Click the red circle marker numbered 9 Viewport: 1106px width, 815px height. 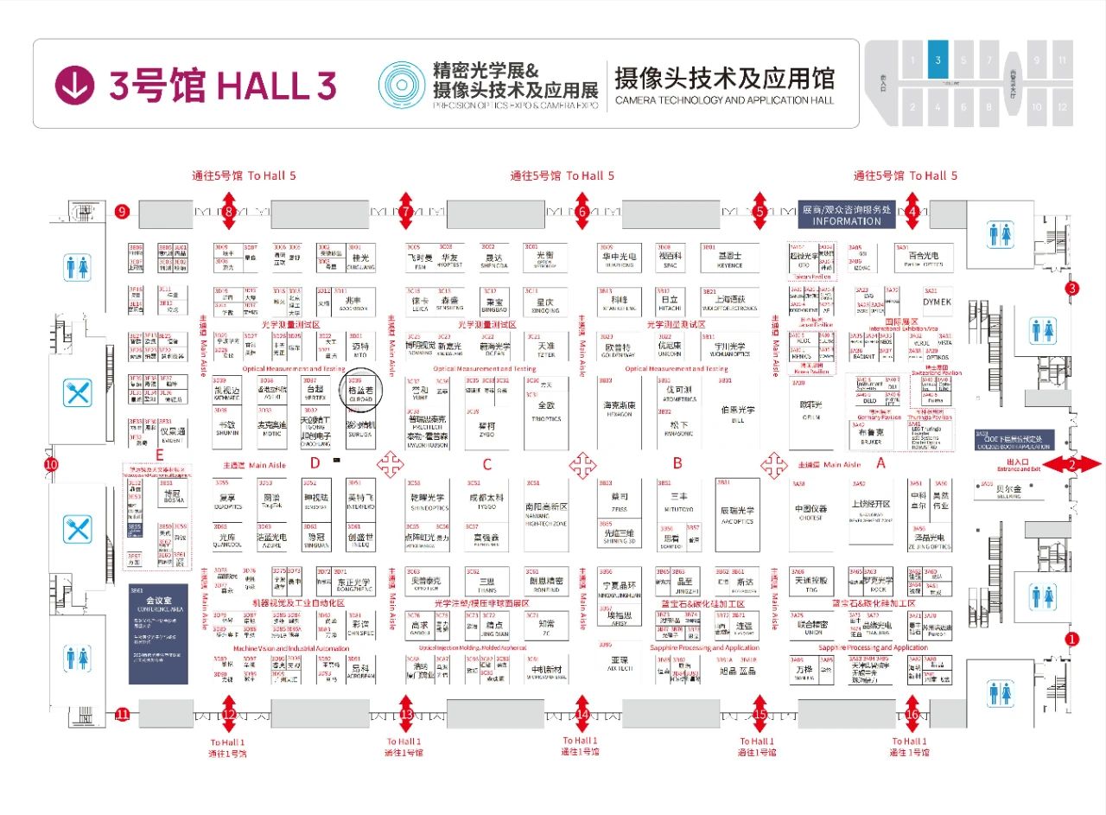pos(122,211)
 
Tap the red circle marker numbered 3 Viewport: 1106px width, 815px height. pos(1072,288)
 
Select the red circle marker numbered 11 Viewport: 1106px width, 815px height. pos(122,714)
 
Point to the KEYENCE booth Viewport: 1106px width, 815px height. pos(729,260)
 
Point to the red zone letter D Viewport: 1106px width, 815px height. pos(315,464)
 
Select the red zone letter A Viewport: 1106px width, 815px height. pos(881,462)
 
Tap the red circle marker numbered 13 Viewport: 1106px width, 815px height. pos(406,714)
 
